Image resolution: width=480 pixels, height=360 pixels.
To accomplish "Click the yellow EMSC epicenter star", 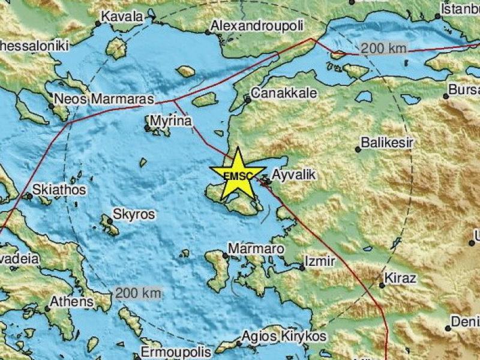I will pos(238,175).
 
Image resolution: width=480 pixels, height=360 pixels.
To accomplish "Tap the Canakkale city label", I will pos(280,93).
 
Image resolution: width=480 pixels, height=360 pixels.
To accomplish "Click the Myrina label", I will pos(171,121).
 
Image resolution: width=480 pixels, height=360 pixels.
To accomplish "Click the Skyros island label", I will pos(135,214).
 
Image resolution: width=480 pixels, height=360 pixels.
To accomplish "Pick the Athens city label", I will pos(72,301).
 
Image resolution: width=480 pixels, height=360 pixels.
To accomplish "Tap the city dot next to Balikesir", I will pos(358,149).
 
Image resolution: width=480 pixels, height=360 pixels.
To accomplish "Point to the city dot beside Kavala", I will pos(98,24).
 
